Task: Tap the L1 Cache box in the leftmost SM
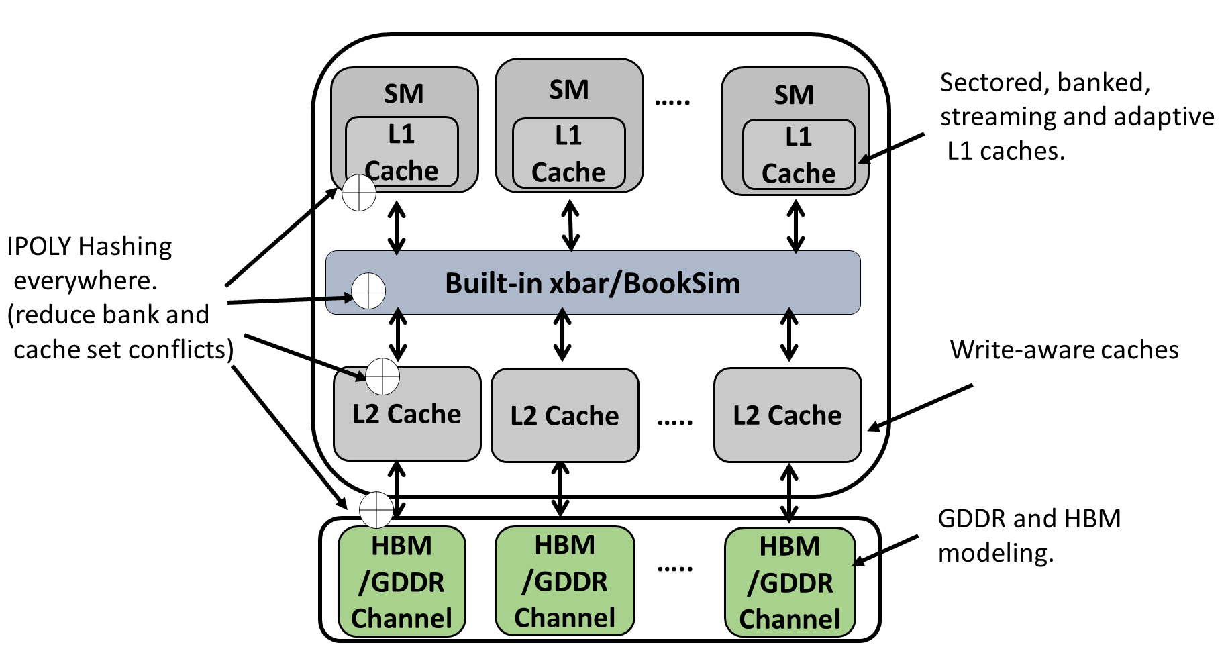point(401,152)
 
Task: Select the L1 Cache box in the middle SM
point(568,154)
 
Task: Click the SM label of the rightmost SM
point(794,95)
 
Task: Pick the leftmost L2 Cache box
point(407,414)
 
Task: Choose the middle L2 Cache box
point(564,416)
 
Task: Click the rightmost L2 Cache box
point(787,415)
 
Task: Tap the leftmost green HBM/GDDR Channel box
point(401,581)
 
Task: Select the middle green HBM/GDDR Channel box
point(564,581)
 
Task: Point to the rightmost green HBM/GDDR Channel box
point(790,582)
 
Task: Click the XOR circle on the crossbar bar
point(368,291)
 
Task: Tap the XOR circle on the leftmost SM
point(359,193)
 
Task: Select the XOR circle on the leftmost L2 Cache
point(382,376)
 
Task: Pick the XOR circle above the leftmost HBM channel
point(376,510)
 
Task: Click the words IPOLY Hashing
point(89,246)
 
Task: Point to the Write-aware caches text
point(1064,350)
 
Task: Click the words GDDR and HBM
point(1029,519)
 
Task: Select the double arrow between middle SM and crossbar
point(570,225)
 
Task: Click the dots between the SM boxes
point(672,102)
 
